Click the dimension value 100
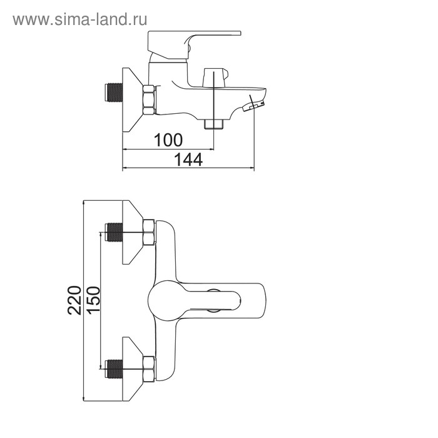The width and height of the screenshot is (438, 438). click(168, 140)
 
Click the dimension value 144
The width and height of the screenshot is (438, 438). click(188, 160)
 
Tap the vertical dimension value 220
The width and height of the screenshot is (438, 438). click(74, 300)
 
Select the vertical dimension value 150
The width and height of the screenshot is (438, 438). click(93, 300)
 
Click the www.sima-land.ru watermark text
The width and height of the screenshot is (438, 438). click(80, 19)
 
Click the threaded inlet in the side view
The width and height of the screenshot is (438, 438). click(113, 93)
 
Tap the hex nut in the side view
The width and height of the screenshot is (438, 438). click(149, 99)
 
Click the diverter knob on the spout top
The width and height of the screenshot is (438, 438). click(216, 78)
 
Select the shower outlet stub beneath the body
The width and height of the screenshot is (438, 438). click(214, 124)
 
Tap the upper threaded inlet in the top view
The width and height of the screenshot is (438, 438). click(113, 232)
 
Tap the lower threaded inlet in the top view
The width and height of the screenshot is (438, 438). click(113, 369)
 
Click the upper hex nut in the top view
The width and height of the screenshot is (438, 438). click(149, 232)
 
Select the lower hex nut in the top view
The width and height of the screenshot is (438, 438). click(149, 369)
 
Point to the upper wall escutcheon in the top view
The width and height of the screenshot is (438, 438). click(133, 232)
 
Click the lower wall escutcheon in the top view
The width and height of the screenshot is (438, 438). click(133, 369)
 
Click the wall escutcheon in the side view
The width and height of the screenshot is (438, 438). click(133, 99)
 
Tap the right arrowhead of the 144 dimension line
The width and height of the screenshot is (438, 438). click(252, 168)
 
